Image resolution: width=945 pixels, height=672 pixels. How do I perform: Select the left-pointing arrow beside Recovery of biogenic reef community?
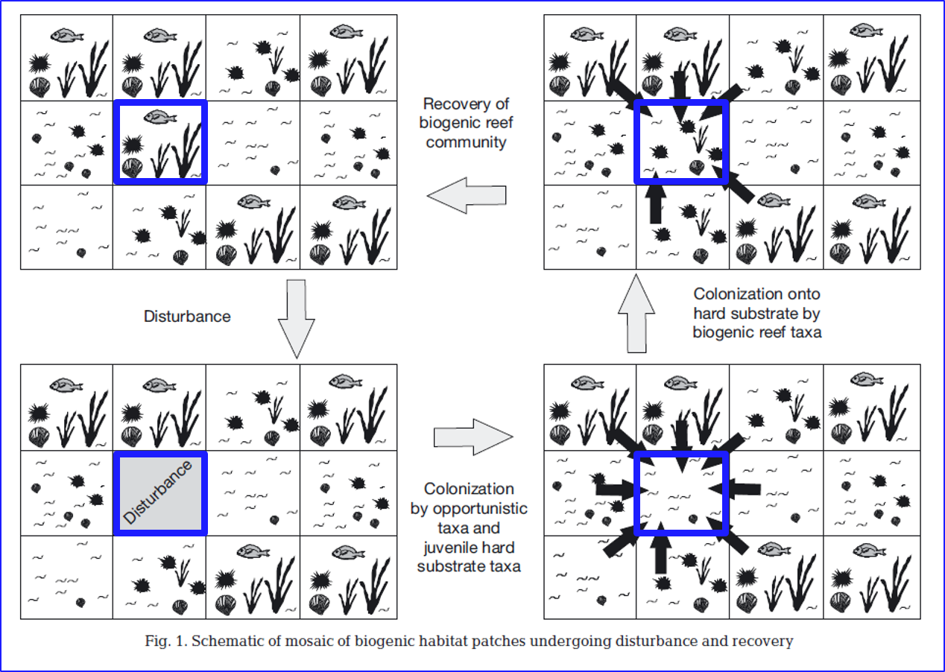[467, 196]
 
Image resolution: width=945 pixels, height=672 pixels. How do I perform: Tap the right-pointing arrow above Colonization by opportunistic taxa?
[474, 434]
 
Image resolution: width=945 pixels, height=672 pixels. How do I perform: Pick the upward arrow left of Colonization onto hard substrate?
[636, 313]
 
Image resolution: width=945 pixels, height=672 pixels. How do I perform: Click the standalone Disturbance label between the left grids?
[187, 317]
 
